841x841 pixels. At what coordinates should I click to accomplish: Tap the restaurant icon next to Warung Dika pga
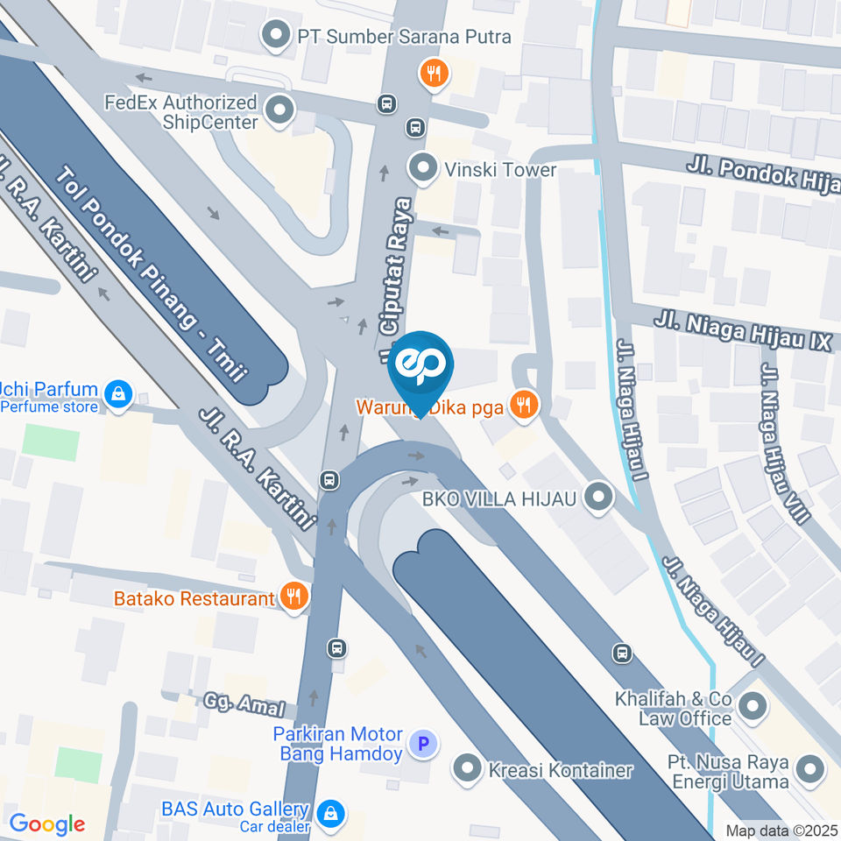click(524, 404)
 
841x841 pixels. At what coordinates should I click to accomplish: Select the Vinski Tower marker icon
click(423, 168)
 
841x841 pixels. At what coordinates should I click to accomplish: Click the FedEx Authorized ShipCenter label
click(181, 113)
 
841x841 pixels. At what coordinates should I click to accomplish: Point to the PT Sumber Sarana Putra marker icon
click(277, 37)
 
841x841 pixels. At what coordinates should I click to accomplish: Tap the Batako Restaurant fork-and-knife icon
click(293, 597)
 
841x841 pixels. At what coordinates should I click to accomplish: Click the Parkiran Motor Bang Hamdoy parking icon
click(423, 745)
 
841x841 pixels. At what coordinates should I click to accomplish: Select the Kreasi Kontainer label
click(555, 771)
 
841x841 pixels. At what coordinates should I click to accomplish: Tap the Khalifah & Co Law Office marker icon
click(752, 704)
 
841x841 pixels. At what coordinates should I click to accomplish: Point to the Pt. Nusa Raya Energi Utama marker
click(811, 772)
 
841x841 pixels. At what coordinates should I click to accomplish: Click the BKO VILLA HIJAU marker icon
click(598, 498)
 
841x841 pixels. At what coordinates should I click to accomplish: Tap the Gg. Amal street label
click(244, 703)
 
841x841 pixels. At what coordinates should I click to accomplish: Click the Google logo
click(46, 823)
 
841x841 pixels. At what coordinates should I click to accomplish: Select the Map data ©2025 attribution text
click(782, 830)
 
